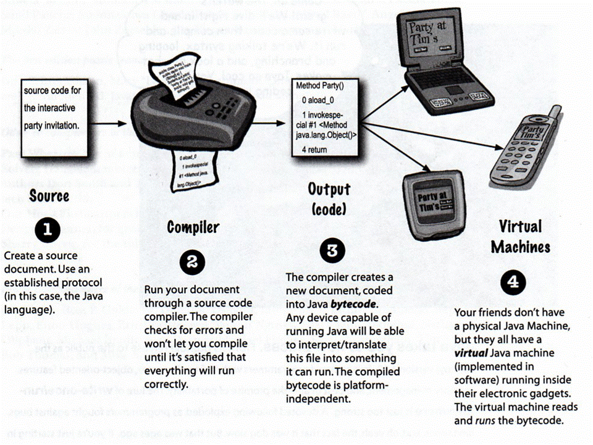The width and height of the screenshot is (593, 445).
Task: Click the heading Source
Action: coord(49,197)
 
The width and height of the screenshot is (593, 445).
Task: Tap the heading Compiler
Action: coord(193,227)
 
